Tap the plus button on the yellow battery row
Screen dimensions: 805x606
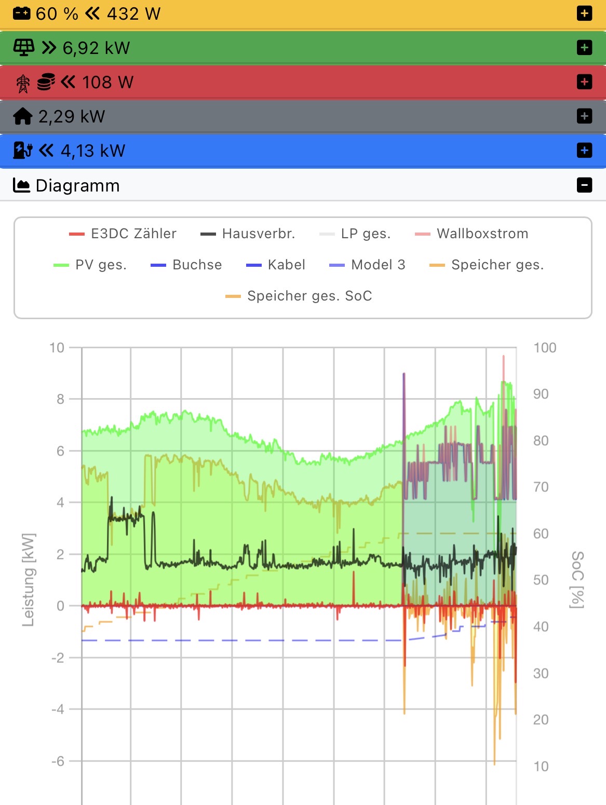pyautogui.click(x=584, y=13)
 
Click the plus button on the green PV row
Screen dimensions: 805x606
pyautogui.click(x=584, y=48)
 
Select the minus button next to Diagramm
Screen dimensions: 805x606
pyautogui.click(x=584, y=185)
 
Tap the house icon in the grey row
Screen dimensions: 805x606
pyautogui.click(x=23, y=116)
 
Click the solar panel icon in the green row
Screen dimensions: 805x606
pyautogui.click(x=23, y=48)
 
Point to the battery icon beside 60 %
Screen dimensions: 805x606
pyautogui.click(x=22, y=13)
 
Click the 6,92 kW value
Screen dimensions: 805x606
pyautogui.click(x=96, y=48)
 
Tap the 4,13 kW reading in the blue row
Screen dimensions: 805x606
pyautogui.click(x=93, y=151)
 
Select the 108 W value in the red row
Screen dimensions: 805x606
pyautogui.click(x=107, y=83)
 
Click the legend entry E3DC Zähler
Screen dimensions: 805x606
pyautogui.click(x=123, y=234)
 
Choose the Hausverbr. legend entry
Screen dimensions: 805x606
pyautogui.click(x=248, y=234)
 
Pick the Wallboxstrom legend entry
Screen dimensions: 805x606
pyautogui.click(x=472, y=234)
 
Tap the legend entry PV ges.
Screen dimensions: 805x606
pyautogui.click(x=90, y=265)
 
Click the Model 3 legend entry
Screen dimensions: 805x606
pyautogui.click(x=368, y=265)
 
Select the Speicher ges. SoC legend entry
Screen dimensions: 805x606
pyautogui.click(x=299, y=296)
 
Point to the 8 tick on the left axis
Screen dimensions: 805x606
pyautogui.click(x=61, y=399)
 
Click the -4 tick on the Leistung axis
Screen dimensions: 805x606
pyautogui.click(x=58, y=709)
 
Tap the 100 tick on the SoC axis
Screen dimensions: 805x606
pyautogui.click(x=545, y=348)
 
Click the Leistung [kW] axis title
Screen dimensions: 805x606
pyautogui.click(x=29, y=579)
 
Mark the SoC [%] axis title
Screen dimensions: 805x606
pyautogui.click(x=577, y=579)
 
